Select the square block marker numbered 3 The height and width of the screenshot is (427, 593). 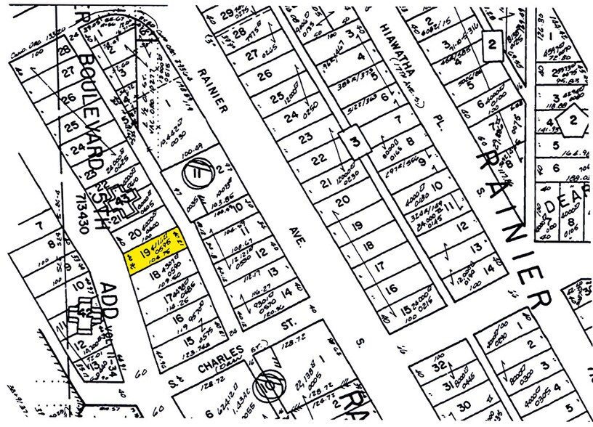click(355, 142)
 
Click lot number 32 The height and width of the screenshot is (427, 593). click(440, 369)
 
